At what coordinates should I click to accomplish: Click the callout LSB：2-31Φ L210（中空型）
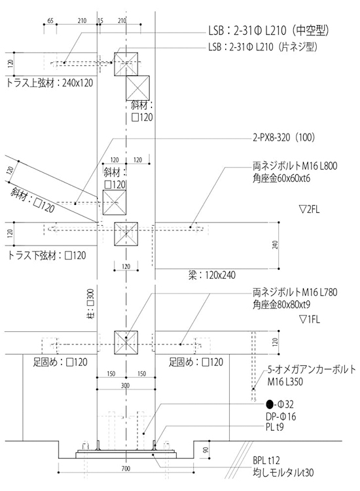coord(268,30)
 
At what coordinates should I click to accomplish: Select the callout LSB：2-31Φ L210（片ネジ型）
coord(262,47)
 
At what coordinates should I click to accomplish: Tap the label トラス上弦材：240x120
coord(50,82)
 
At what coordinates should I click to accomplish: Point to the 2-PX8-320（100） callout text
coord(283,137)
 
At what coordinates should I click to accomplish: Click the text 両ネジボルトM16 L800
coord(295,166)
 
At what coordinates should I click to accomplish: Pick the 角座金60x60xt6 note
coord(281,179)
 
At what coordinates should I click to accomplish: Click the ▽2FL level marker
coord(310,209)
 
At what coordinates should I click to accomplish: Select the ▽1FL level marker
coord(310,319)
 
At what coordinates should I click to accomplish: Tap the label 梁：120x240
coord(212,275)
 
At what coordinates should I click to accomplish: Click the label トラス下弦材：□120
coord(46,255)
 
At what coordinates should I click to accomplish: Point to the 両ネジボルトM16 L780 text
coord(295,292)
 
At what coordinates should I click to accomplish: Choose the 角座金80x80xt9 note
coord(281,304)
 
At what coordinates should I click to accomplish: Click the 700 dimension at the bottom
coord(126,469)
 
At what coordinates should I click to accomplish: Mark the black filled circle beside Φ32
coord(270,405)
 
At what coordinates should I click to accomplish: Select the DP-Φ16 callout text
coord(281,416)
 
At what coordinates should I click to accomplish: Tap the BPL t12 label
coord(266,460)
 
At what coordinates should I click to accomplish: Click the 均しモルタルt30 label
coord(283,472)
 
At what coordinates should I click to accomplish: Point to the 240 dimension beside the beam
coord(275,245)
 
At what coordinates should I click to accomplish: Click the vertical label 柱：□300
coord(90,304)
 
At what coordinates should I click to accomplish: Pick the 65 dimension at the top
coord(50,21)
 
